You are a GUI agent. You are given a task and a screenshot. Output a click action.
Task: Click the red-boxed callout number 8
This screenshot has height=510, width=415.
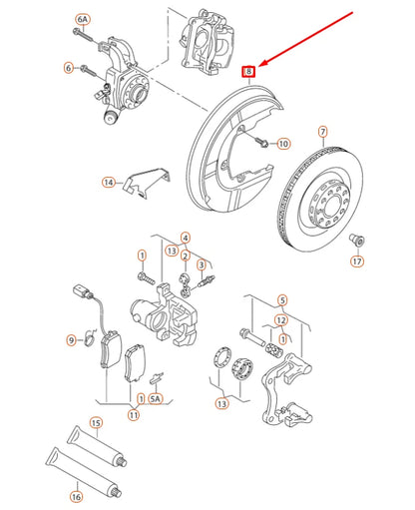(x=251, y=70)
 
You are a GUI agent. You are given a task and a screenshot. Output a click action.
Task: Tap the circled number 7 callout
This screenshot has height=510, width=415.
(x=322, y=131)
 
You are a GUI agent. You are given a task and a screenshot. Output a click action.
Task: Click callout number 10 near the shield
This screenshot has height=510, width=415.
(x=283, y=145)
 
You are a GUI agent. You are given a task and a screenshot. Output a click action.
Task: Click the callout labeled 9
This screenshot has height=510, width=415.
(x=71, y=340)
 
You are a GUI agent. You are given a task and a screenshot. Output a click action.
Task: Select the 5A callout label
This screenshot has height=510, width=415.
(x=155, y=398)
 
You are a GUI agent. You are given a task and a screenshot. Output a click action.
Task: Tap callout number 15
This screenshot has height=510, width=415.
(x=96, y=424)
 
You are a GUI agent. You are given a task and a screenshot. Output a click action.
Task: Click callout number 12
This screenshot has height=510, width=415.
(x=282, y=319)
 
